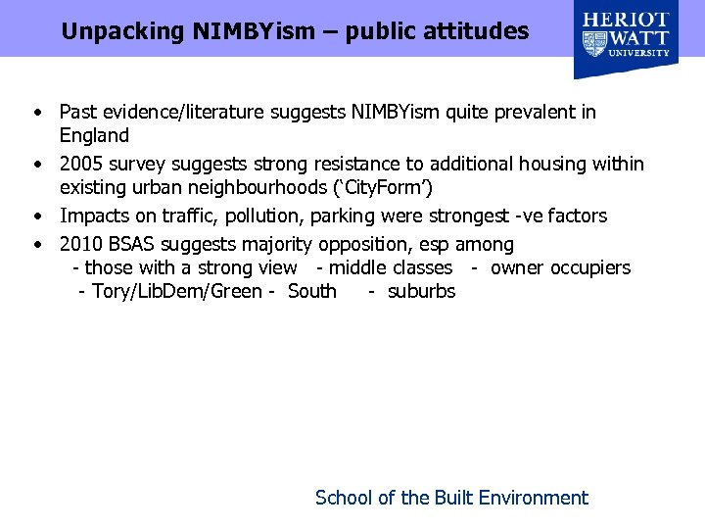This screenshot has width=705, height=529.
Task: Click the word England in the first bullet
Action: pos(94,135)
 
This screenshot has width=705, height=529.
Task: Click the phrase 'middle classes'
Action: pos(391,267)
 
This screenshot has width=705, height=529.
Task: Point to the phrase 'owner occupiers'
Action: pos(560,267)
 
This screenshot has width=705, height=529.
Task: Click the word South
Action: pos(312,291)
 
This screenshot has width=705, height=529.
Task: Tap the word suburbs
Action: pos(421,291)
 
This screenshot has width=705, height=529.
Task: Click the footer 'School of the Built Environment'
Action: pos(451,498)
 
